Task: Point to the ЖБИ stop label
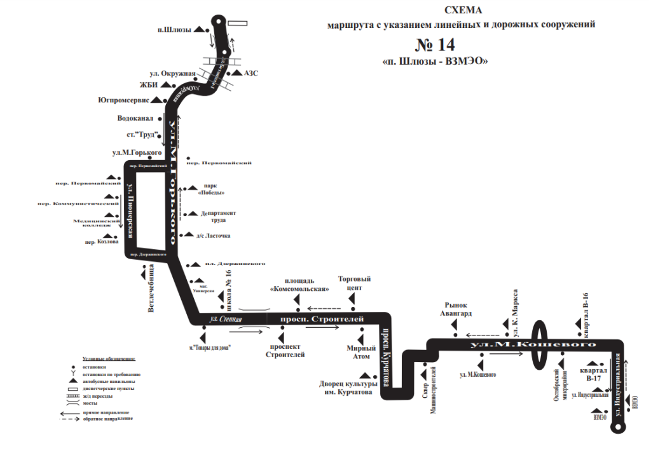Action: tap(148, 85)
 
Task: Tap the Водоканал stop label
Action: tap(137, 118)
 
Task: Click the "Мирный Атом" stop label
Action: tap(362, 352)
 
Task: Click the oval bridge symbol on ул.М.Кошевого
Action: tap(540, 344)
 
